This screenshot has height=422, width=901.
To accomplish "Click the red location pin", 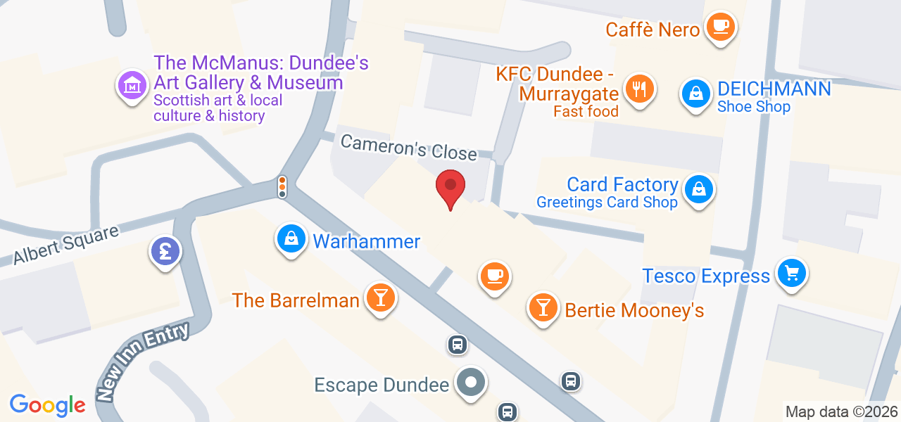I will click(x=450, y=186).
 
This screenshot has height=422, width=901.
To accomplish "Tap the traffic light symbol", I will click(x=282, y=186).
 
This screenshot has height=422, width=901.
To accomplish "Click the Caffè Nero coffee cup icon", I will click(x=719, y=27).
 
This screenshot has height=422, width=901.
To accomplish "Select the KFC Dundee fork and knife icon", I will click(x=638, y=89).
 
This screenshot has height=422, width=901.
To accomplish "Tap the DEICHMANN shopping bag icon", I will click(x=695, y=94).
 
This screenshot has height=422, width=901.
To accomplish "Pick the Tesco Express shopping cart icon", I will click(x=792, y=273).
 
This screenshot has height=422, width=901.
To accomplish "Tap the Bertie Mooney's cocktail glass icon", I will click(x=543, y=307).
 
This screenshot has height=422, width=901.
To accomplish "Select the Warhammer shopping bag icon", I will click(x=291, y=240).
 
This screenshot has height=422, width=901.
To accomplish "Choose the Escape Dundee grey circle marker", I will click(x=471, y=383).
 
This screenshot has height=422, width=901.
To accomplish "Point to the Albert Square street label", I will click(x=66, y=245).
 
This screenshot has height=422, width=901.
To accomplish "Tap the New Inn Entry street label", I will click(x=144, y=362).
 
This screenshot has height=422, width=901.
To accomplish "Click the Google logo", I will click(x=47, y=405).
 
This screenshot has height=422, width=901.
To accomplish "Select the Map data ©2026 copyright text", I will click(x=841, y=412).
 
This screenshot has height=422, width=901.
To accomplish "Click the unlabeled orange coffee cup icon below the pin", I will click(x=495, y=275).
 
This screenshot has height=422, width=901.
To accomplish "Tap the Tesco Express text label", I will click(x=706, y=276).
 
